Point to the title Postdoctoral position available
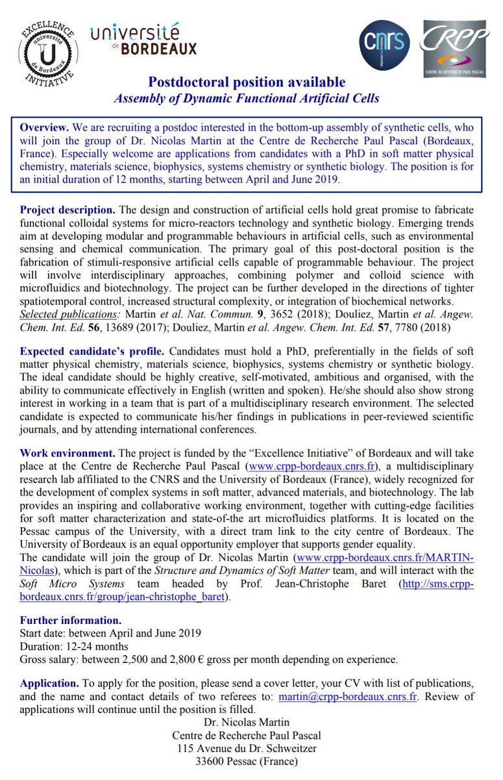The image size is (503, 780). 247,83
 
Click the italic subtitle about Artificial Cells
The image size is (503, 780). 247,98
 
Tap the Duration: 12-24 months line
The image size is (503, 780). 74,646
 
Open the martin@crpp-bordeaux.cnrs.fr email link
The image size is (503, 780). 348,697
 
